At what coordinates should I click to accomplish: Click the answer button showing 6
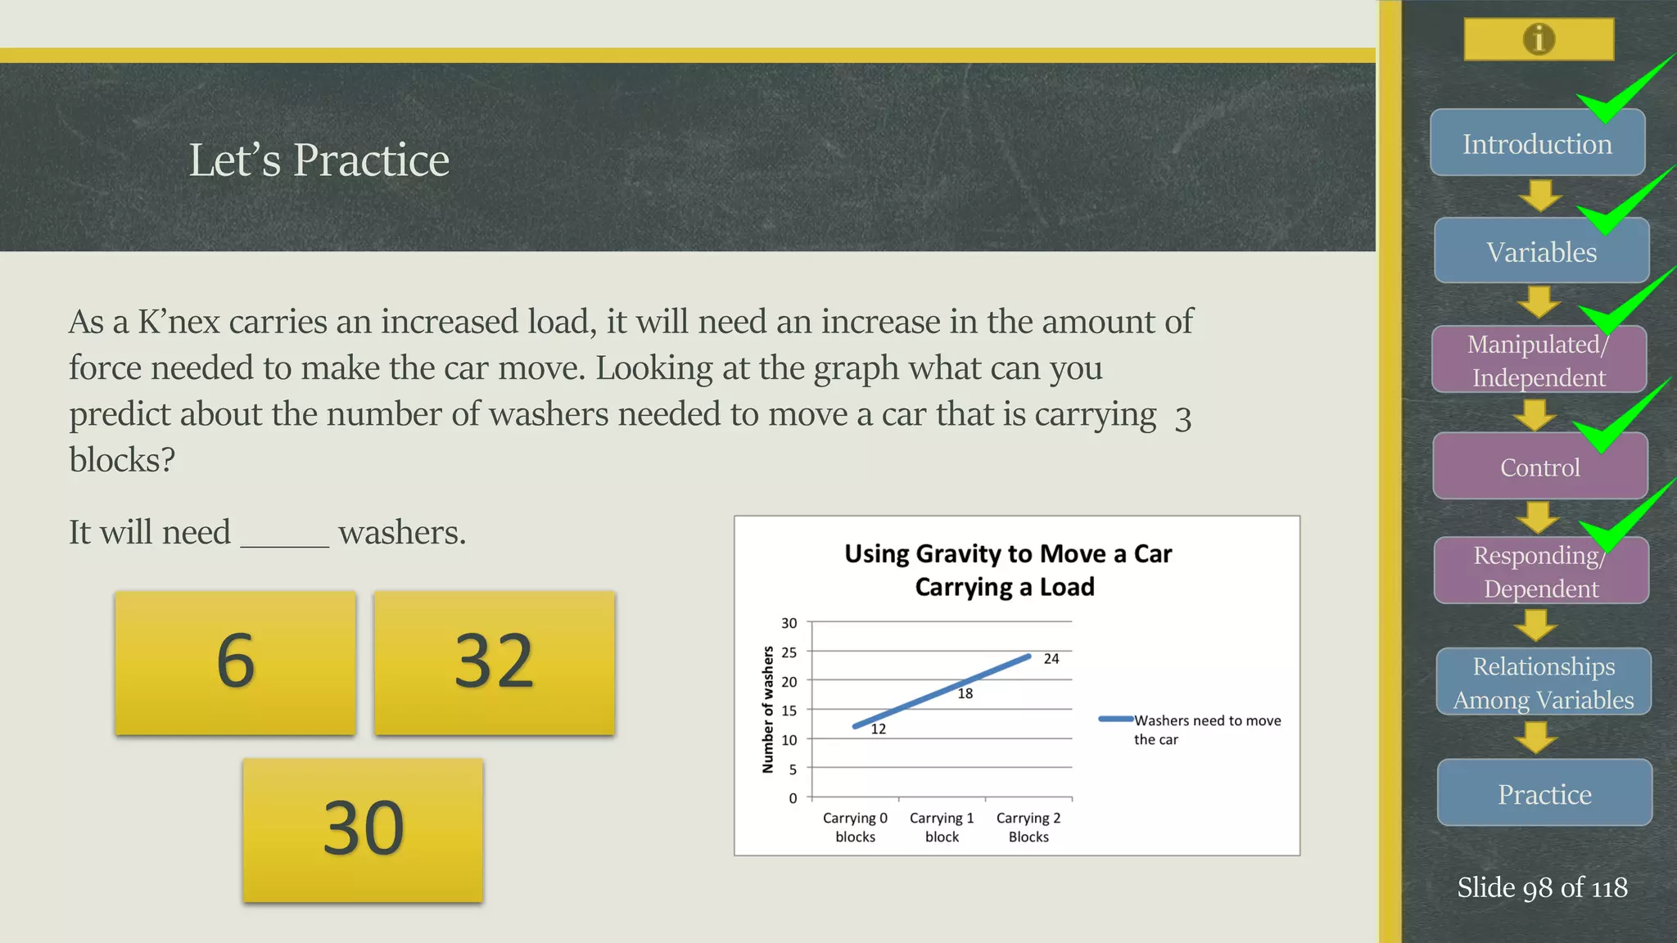(x=235, y=662)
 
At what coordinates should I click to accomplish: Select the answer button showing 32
(x=494, y=662)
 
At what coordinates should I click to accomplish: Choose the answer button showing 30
(x=363, y=829)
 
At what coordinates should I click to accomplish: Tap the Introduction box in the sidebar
(x=1537, y=143)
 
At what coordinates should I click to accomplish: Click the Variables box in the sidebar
(x=1541, y=251)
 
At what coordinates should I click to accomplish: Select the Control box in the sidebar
(x=1539, y=467)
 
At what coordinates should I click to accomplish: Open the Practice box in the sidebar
(x=1544, y=793)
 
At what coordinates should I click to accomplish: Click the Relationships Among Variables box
(x=1544, y=682)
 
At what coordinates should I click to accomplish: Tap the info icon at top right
(x=1539, y=38)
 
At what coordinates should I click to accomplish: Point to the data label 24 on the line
(x=1051, y=659)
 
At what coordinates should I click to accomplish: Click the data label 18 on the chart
(x=965, y=694)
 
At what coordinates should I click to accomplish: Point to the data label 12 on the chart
(x=879, y=729)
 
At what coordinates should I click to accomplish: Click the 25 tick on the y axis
(x=789, y=652)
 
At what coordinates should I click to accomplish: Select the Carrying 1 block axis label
(x=942, y=827)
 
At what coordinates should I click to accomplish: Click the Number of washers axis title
(x=768, y=710)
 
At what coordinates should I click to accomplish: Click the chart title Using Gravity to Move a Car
(x=1008, y=570)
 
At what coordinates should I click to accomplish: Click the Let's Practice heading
(x=319, y=160)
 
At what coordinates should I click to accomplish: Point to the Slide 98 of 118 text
(x=1542, y=887)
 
